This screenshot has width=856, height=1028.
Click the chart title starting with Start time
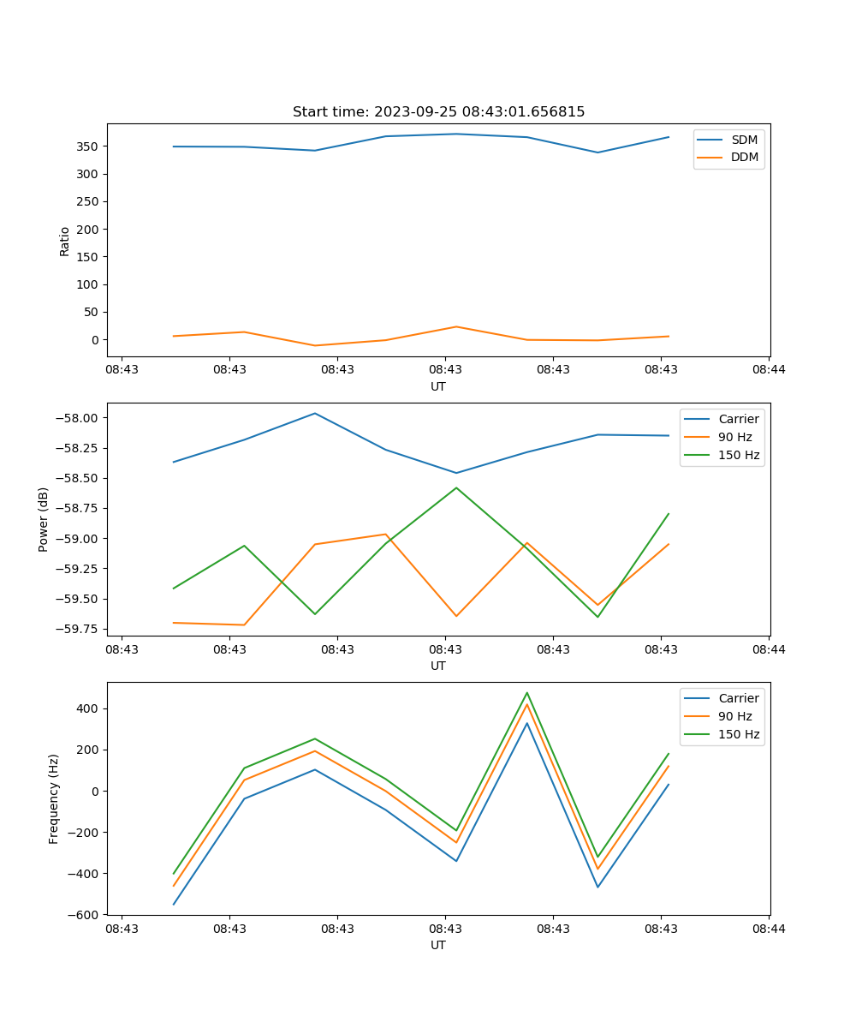tap(438, 112)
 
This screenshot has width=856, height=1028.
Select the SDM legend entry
tap(744, 140)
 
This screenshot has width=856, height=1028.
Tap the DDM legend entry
tap(744, 157)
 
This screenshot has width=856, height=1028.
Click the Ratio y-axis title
tap(65, 241)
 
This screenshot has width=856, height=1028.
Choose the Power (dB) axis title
tap(44, 519)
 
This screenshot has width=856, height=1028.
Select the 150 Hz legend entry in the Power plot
tap(739, 455)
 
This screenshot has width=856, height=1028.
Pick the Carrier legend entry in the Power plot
tap(739, 419)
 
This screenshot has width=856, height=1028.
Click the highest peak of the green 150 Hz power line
tap(456, 487)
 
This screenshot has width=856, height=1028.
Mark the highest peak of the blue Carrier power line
tap(315, 413)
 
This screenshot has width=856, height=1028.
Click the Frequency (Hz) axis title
tap(54, 798)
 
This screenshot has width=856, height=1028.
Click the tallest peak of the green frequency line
tap(527, 693)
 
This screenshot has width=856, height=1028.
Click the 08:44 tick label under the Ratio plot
tap(769, 370)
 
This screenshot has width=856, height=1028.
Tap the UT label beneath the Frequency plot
tap(438, 945)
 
